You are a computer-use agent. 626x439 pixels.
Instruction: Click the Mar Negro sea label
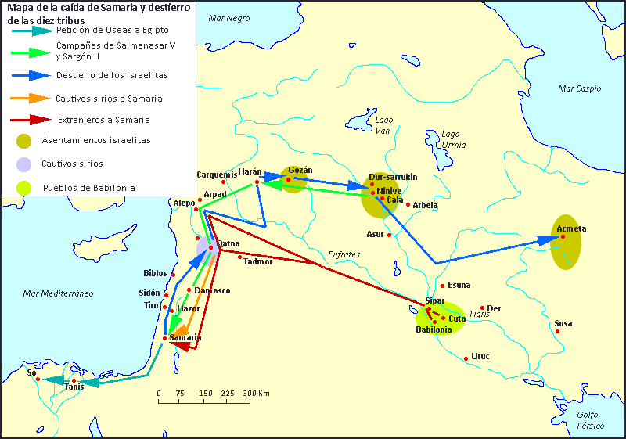pos(228,16)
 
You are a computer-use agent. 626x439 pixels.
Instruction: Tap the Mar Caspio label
pos(579,89)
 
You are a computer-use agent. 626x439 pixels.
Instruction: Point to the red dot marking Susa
pos(558,332)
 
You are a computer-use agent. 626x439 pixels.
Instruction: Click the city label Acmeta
pos(571,228)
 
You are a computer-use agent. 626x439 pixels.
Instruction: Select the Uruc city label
pos(480,356)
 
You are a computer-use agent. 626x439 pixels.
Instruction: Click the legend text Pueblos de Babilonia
pos(88,188)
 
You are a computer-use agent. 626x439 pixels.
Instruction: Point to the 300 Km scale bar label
pos(256,393)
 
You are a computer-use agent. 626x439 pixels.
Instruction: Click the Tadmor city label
pos(258,261)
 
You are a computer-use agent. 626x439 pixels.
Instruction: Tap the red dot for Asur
pos(390,235)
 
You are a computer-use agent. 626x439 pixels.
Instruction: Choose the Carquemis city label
pos(216,174)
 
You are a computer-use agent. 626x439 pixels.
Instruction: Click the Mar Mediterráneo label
pos(58,293)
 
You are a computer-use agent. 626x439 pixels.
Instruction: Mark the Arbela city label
pos(425,205)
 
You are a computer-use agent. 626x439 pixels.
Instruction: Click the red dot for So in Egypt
pos(38,380)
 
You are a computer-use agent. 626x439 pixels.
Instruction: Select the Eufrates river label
pos(344,254)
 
